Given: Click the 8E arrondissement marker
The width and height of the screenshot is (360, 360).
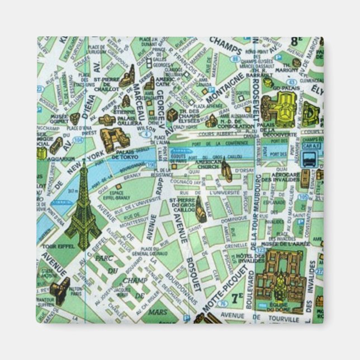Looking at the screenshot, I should tap(310, 42).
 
